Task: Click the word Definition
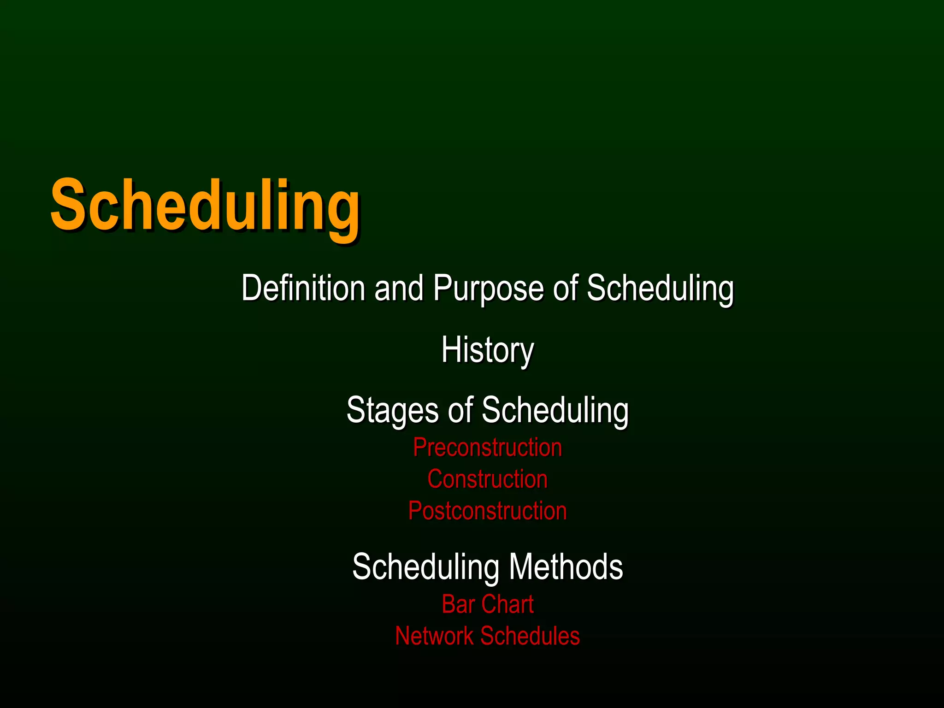click(x=303, y=288)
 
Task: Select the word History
click(x=488, y=350)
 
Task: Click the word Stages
click(x=392, y=410)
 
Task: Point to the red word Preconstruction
click(x=488, y=448)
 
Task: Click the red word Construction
click(x=488, y=479)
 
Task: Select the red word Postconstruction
click(x=488, y=511)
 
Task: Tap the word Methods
click(x=566, y=566)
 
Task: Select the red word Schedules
click(x=530, y=636)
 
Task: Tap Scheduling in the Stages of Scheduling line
click(x=555, y=410)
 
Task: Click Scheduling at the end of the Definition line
click(x=660, y=289)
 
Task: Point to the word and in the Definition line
click(x=399, y=288)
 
